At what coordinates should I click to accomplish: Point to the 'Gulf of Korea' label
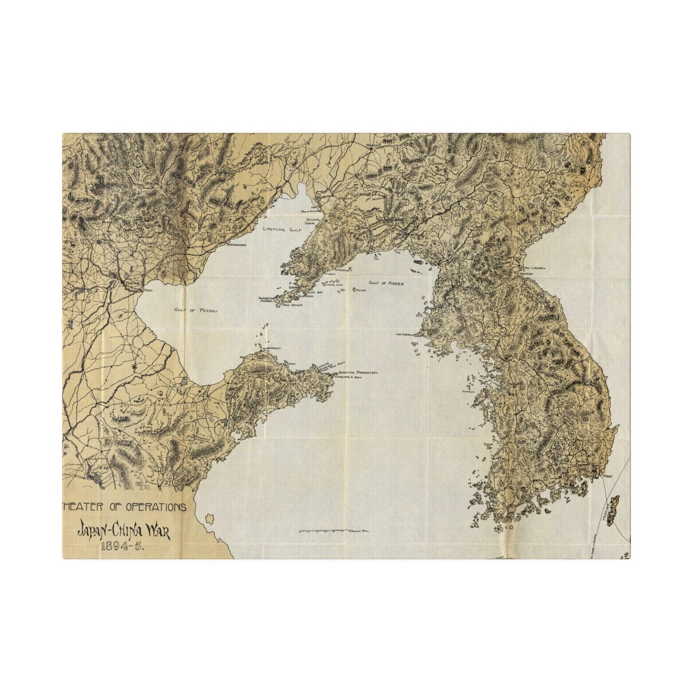coord(386,283)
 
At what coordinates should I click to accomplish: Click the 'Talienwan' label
coord(306,296)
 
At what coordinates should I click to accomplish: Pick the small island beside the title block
coord(209,519)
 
